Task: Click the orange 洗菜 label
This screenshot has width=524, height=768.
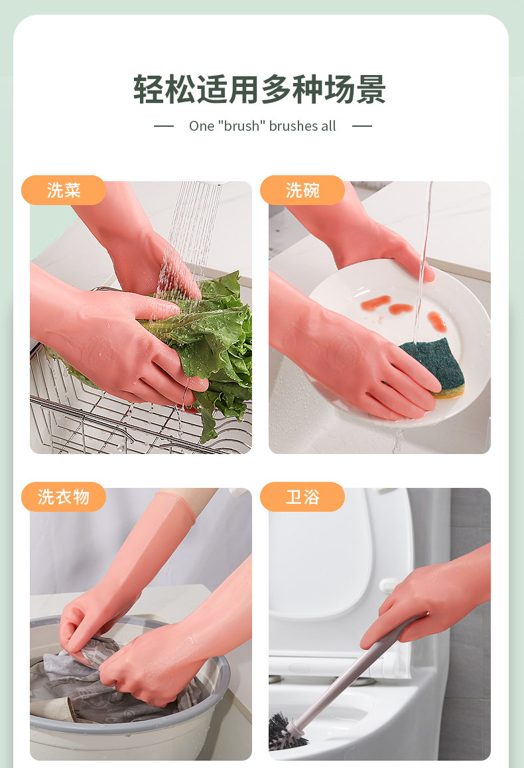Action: [64, 190]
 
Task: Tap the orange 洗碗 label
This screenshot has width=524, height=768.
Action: [302, 190]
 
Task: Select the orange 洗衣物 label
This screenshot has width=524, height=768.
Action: [64, 497]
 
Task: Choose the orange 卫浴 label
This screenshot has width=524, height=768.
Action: [302, 497]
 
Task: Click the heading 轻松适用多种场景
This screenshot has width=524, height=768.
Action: [260, 90]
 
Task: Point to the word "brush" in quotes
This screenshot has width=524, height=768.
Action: [241, 126]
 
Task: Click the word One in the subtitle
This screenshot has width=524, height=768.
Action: [202, 126]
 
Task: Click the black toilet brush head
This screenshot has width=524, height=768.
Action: [286, 733]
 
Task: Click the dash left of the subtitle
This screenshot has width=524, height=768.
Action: [164, 126]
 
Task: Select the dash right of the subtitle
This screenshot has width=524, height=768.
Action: [362, 126]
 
